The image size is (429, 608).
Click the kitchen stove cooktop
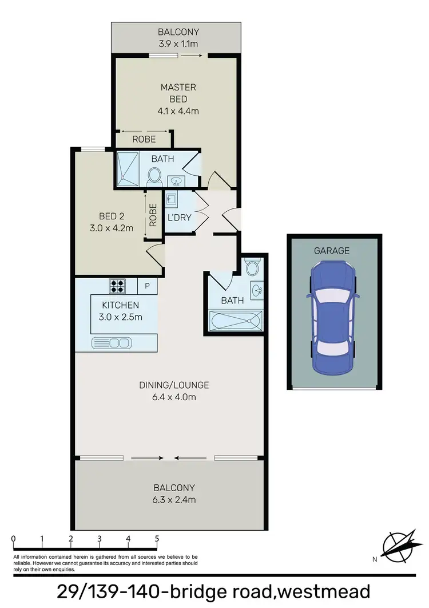tap(118, 285)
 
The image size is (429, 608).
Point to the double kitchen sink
tap(112, 343)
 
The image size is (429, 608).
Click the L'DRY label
tap(179, 218)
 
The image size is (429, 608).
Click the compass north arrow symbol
tap(398, 546)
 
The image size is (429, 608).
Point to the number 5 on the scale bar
tap(156, 539)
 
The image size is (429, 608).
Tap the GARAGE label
tap(332, 251)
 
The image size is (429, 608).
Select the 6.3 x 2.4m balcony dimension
tap(174, 500)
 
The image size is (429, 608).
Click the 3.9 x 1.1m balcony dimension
tap(178, 42)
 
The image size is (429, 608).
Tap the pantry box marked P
tap(147, 285)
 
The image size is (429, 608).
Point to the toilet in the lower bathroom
tap(252, 267)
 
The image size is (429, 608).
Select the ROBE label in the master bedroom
tap(144, 139)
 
